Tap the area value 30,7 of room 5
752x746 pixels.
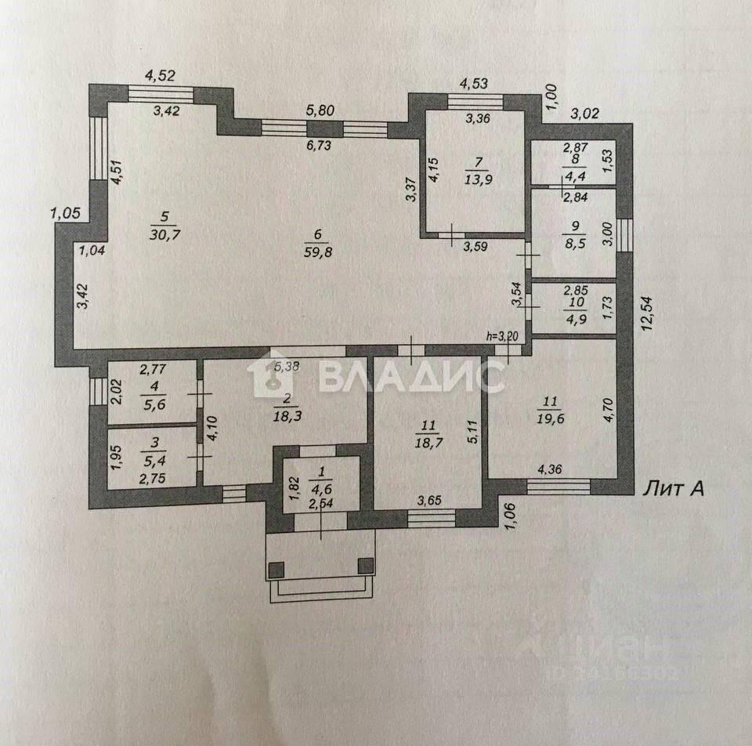[163, 234]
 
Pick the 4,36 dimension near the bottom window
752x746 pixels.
[552, 471]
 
